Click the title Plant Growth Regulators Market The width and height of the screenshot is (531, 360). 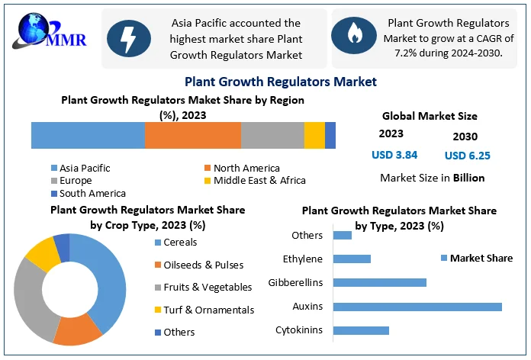tap(281, 81)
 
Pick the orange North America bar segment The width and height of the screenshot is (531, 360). tap(192, 135)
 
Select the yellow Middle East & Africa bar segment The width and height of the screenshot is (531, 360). tap(314, 135)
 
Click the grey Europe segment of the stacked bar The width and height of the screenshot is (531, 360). tap(272, 135)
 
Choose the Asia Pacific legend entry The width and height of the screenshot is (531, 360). tap(80, 168)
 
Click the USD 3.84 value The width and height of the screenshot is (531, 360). tap(394, 155)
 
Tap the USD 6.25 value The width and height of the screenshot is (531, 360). tap(468, 156)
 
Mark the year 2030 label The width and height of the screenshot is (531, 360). tap(465, 137)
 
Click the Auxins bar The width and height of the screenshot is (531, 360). tap(418, 307)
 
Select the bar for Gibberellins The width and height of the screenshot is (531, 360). tap(380, 283)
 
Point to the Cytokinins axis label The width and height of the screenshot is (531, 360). tap(298, 330)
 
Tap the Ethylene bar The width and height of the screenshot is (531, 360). tap(352, 259)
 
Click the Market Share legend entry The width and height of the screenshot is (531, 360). tap(477, 259)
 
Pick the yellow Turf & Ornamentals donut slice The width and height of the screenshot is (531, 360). tap(43, 253)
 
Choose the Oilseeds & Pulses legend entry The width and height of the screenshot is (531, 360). tap(198, 265)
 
